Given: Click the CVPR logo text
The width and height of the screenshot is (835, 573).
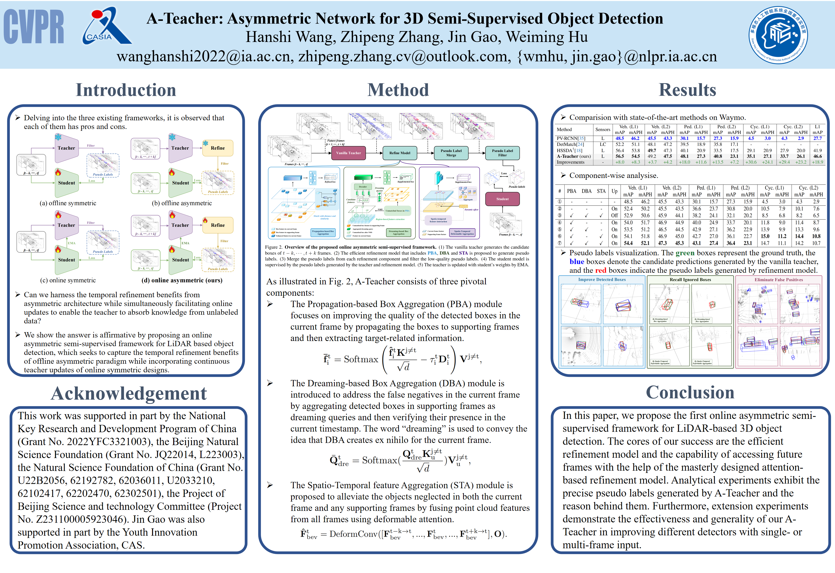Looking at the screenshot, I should coord(34,27).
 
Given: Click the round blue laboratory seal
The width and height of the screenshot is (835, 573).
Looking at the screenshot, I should coord(778,35).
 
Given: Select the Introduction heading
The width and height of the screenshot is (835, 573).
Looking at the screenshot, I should coord(126,90).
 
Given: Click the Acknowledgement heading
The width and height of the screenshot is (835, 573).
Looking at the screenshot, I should coord(129,393).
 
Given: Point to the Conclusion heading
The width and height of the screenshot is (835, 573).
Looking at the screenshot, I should coord(690,393).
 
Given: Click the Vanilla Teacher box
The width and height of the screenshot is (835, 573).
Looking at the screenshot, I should coord(348,153).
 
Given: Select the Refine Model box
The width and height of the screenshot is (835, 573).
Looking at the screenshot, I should coord(399,153).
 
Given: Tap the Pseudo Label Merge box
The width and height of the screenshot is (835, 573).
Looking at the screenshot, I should coord(451,153).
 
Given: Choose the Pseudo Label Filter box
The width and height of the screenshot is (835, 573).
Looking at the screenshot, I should coord(502,153).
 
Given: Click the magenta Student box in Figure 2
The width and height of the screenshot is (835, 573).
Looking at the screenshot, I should coord(502,199).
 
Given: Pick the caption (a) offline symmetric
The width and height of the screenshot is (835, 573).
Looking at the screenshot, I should coord(68,203).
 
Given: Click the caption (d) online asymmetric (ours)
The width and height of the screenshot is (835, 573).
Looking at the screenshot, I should coord(182,280).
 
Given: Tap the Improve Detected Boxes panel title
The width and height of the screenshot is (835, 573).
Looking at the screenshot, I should coord(602,280).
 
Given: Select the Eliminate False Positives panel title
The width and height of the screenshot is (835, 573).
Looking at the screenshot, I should coord(778,280).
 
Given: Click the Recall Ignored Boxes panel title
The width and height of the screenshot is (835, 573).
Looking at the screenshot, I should coord(690,280).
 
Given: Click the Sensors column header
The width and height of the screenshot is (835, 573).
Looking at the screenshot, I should coord(602,129).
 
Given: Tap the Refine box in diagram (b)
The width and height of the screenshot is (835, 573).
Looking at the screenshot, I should coord(218,148).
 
